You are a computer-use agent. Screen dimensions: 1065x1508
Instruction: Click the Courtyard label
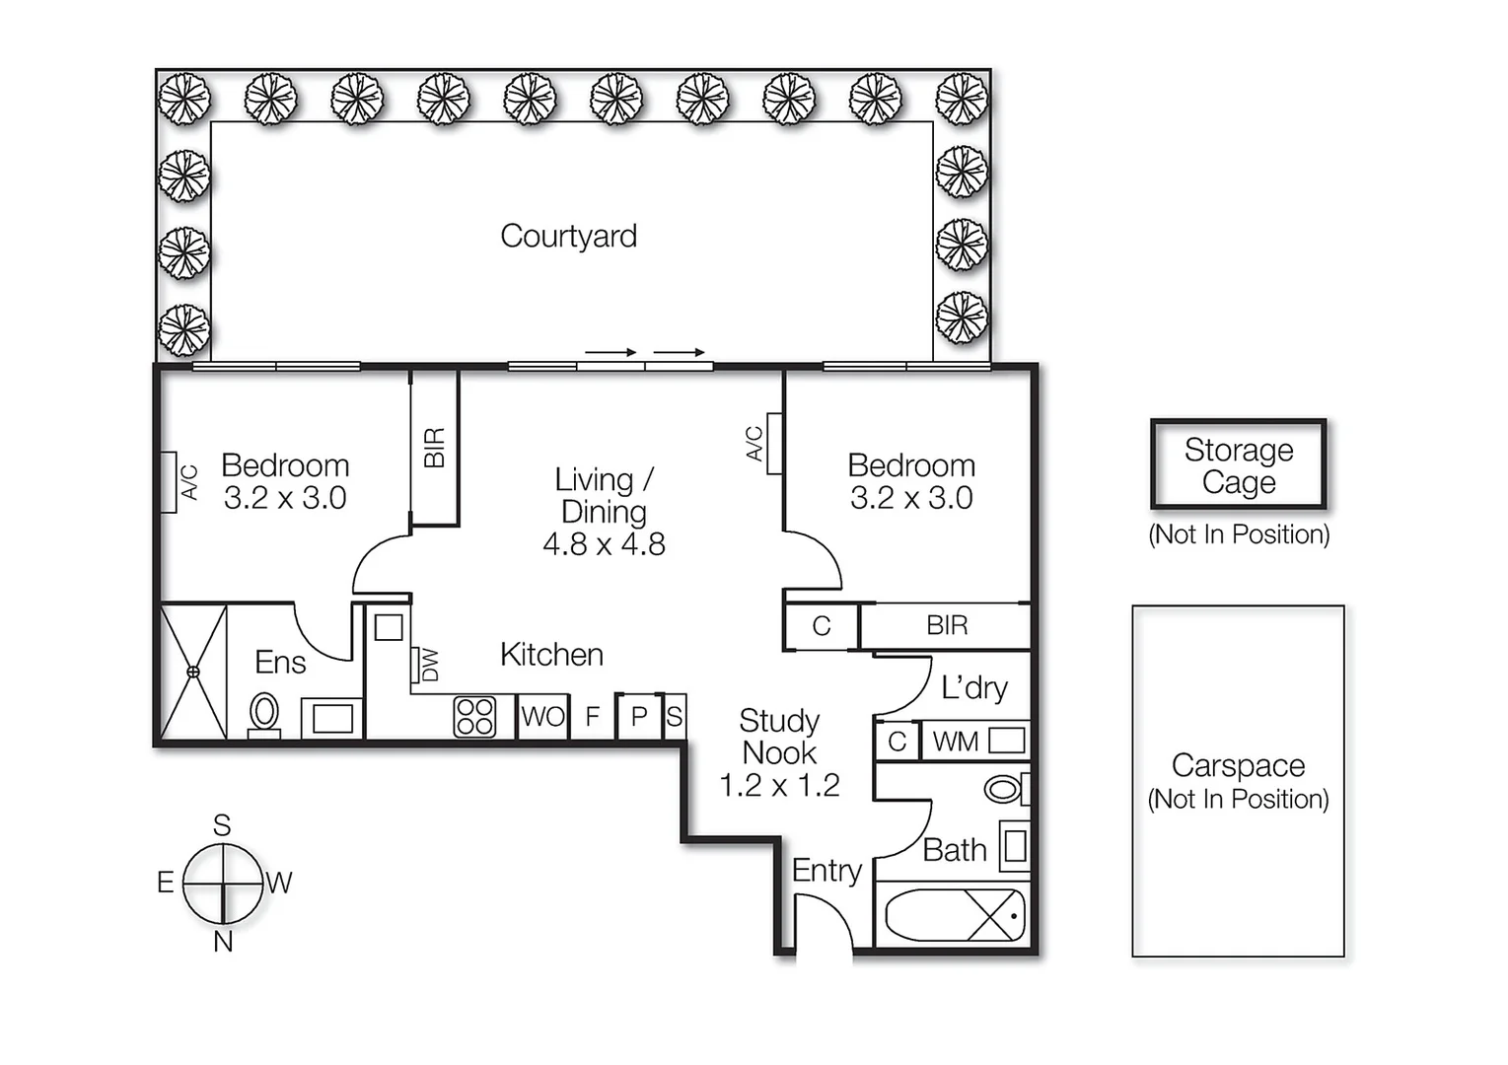click(x=568, y=237)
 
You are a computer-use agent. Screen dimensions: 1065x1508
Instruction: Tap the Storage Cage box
click(x=1238, y=465)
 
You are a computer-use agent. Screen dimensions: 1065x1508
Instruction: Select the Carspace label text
click(x=1238, y=766)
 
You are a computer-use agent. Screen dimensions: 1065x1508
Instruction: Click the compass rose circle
click(x=223, y=883)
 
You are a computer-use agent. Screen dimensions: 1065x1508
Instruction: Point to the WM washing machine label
click(x=955, y=742)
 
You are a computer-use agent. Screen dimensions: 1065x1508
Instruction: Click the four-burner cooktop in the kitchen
click(x=474, y=717)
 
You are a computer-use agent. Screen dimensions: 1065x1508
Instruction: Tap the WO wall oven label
click(x=542, y=717)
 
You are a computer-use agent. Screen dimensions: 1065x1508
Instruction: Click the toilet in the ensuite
click(x=264, y=713)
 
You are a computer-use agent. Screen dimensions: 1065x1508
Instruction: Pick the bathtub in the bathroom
click(x=954, y=916)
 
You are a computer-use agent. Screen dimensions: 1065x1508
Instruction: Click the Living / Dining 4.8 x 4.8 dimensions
click(x=604, y=544)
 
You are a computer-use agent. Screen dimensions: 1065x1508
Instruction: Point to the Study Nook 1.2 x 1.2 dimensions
click(x=779, y=786)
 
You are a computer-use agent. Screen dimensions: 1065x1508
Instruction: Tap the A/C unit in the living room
click(x=774, y=444)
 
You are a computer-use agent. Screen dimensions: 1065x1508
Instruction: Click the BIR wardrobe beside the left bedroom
click(x=434, y=448)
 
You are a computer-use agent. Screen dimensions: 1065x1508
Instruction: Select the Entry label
click(x=826, y=871)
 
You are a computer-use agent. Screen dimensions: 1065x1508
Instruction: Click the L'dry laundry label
click(x=973, y=687)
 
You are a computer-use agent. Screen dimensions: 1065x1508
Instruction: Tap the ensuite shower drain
click(x=193, y=672)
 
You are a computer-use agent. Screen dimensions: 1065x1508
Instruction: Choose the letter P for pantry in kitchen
click(x=638, y=717)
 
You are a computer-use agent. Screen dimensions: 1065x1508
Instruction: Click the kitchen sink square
click(x=389, y=627)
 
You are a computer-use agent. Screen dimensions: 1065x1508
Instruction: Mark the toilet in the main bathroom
click(x=1004, y=789)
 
